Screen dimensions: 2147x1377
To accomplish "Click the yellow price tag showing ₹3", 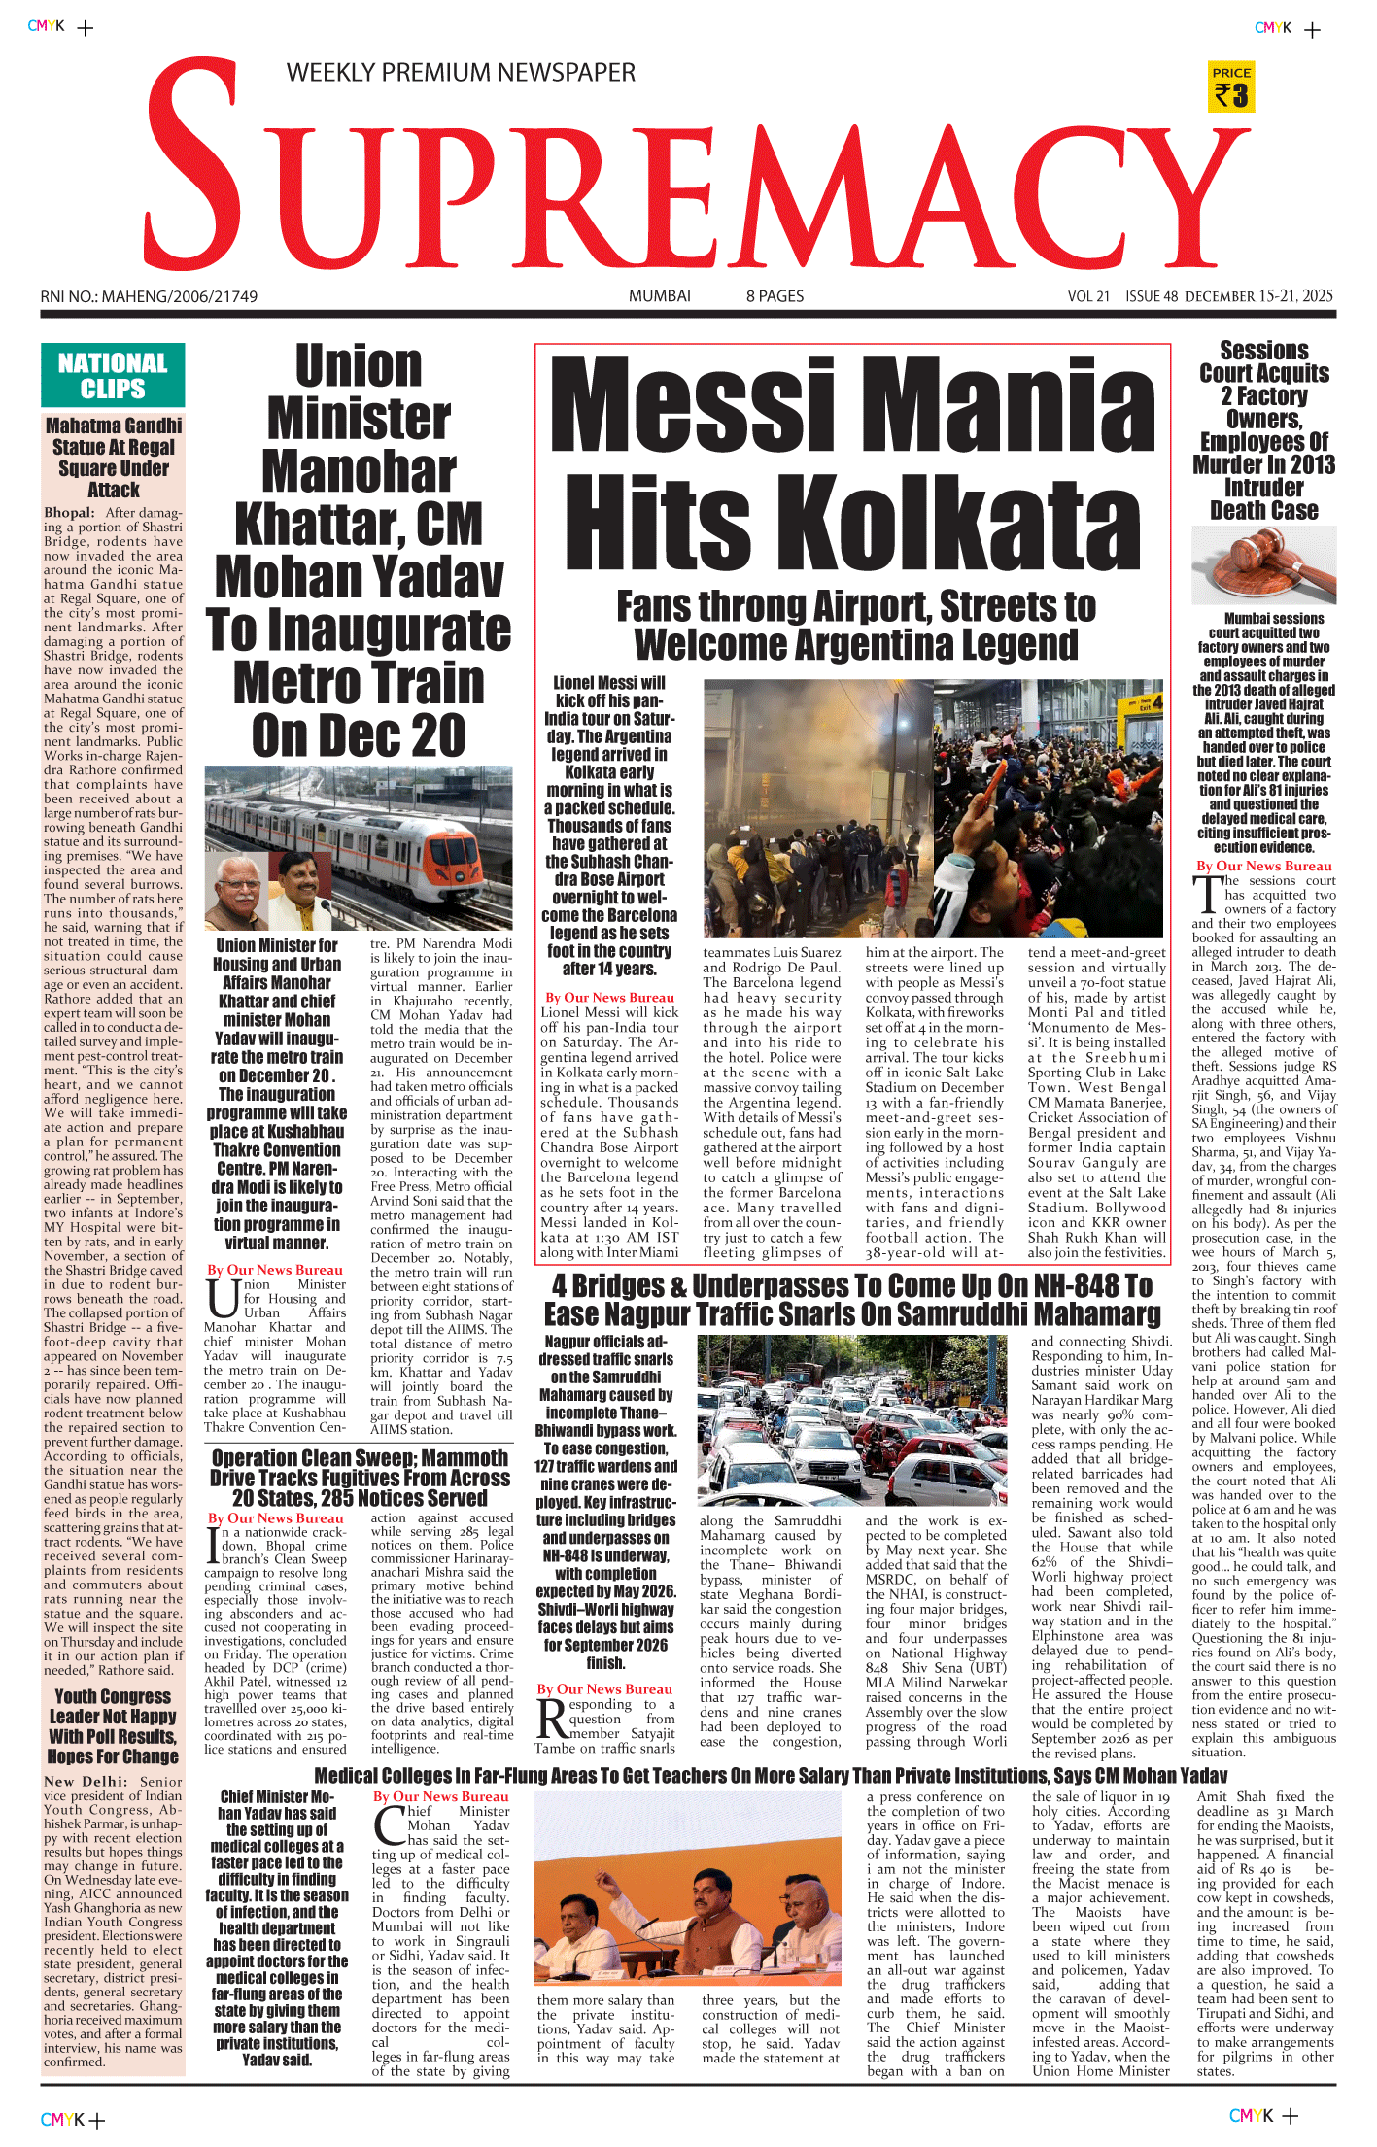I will pyautogui.click(x=1231, y=87).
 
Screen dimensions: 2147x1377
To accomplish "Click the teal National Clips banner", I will pyautogui.click(x=113, y=376).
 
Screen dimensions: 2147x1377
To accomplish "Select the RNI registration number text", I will pyautogui.click(x=149, y=296).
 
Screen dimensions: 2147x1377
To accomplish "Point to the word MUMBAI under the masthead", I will pyautogui.click(x=659, y=296).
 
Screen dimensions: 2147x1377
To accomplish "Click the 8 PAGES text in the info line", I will pyautogui.click(x=775, y=296).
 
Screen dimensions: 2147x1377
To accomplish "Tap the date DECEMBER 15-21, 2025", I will pyautogui.click(x=1258, y=296).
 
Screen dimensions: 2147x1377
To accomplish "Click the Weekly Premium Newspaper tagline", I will pyautogui.click(x=461, y=73).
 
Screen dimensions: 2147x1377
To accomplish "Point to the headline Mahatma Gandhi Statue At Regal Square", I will pyautogui.click(x=114, y=458).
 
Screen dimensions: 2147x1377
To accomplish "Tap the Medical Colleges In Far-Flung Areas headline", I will pyautogui.click(x=770, y=1776).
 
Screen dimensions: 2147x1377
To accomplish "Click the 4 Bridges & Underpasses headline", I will pyautogui.click(x=852, y=1300).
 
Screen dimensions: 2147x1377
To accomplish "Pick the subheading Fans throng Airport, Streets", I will pyautogui.click(x=855, y=625).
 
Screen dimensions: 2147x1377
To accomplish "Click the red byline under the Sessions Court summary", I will pyautogui.click(x=1263, y=866).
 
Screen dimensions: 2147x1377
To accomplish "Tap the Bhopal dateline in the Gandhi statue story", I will pyautogui.click(x=69, y=513).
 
